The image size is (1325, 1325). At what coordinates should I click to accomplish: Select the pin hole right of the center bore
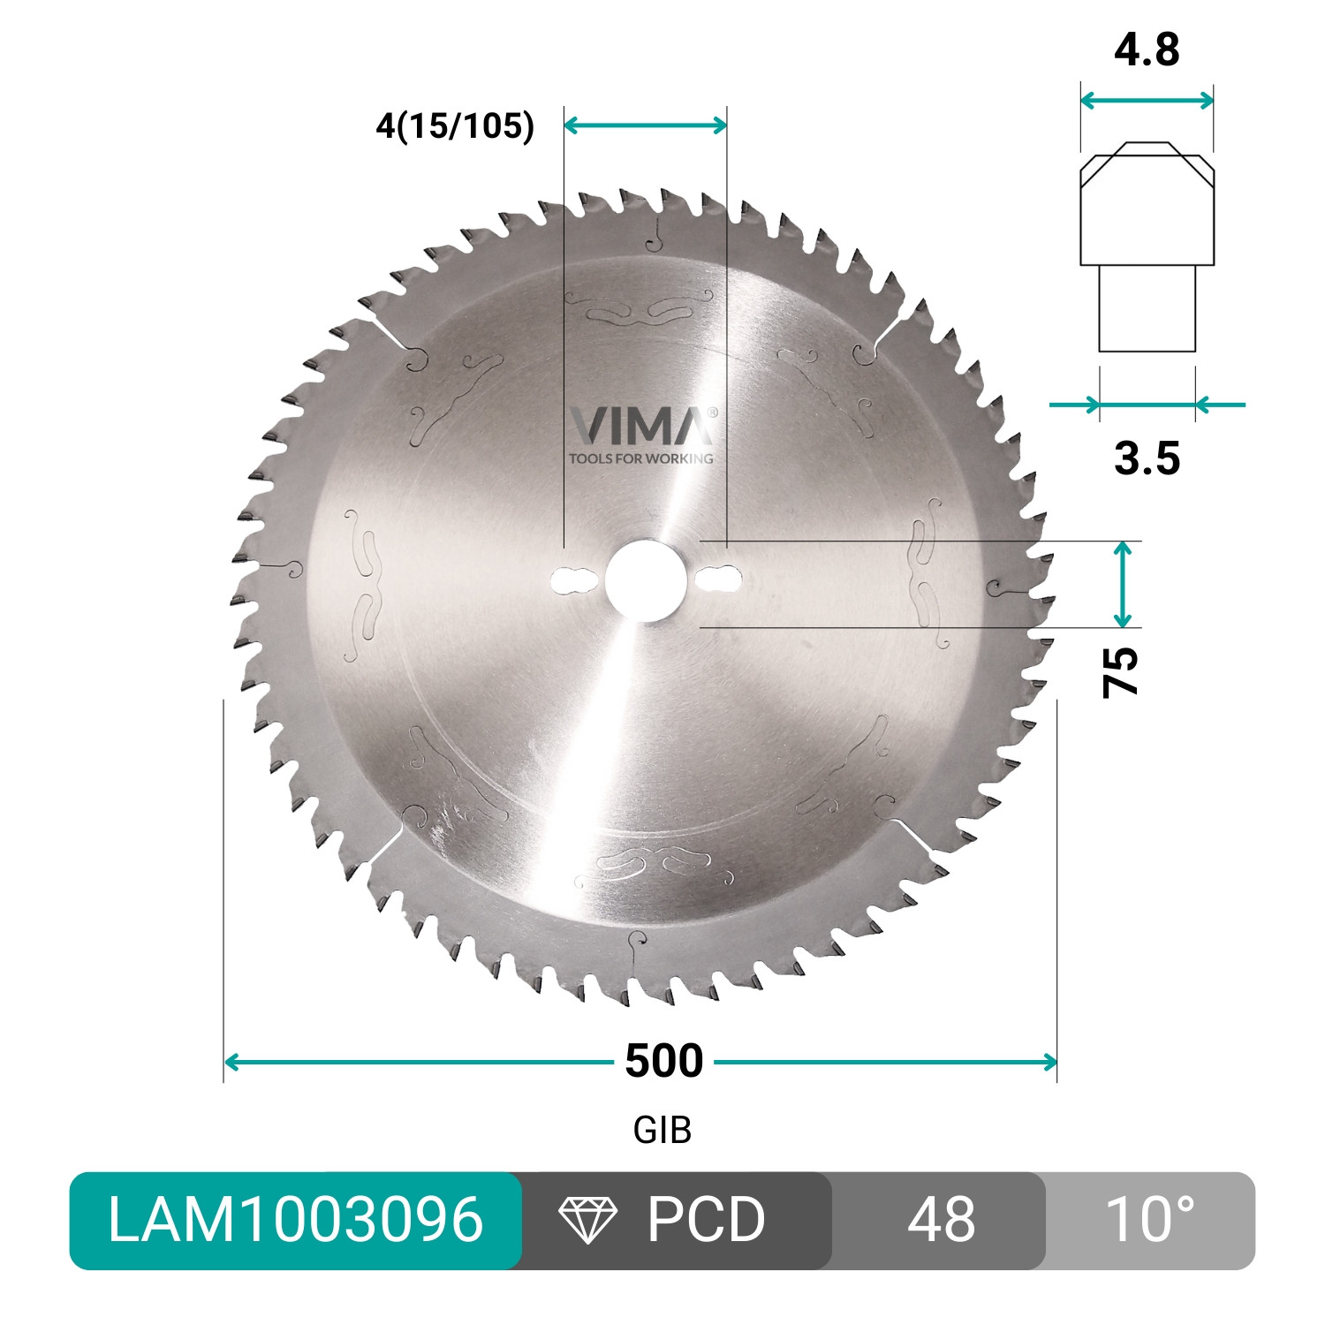coord(717,579)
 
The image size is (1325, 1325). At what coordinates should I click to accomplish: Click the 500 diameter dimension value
coord(663,1061)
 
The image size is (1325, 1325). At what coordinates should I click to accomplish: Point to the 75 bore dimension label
coord(1121,672)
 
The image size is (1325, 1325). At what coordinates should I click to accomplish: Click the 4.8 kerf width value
coord(1147,50)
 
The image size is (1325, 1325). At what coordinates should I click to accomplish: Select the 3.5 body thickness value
coord(1147,458)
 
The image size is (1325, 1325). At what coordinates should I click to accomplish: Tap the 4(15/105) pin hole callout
coord(455,125)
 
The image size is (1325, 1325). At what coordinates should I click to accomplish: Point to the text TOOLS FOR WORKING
coord(641,458)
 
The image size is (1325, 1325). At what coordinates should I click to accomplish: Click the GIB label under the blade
coord(662,1130)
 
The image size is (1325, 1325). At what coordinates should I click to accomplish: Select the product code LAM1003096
coord(295,1220)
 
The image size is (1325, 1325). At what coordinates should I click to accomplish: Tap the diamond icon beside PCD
coord(588,1220)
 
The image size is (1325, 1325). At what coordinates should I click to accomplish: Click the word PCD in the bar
coord(706,1220)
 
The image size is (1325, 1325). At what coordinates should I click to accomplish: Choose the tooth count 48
coord(940,1220)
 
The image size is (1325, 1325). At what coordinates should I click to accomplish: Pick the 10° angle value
coord(1148,1220)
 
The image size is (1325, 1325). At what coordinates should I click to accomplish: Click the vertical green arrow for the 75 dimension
coord(1122,585)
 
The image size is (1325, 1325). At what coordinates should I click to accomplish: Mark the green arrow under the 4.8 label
coord(1147,101)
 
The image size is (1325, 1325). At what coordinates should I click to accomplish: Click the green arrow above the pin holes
coord(645,125)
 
